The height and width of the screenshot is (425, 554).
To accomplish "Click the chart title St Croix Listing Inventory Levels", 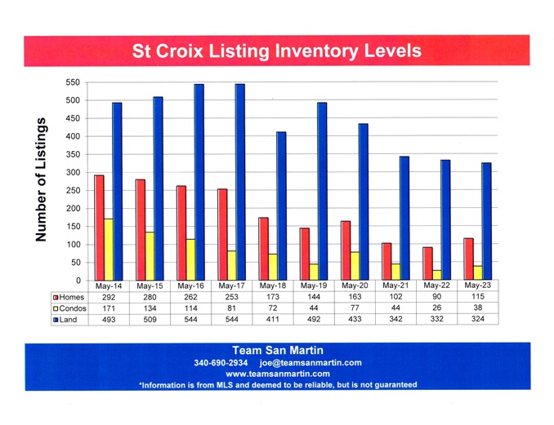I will tap(277, 51).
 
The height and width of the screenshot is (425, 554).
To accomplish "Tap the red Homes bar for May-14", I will tap(99, 228).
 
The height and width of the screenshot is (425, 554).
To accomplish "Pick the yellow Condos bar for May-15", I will tap(150, 256).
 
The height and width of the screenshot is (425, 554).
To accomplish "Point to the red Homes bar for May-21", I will tap(386, 262).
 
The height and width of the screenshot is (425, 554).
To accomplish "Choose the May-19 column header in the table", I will tap(313, 287).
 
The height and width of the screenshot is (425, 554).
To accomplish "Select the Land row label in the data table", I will tap(68, 321).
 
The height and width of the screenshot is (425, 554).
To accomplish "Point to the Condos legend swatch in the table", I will tap(56, 309).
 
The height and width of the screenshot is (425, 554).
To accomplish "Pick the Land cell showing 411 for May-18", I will tap(272, 321).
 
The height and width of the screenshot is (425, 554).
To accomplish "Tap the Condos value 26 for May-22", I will tap(437, 309).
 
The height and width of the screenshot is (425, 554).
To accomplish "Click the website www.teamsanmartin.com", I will tap(277, 374).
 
